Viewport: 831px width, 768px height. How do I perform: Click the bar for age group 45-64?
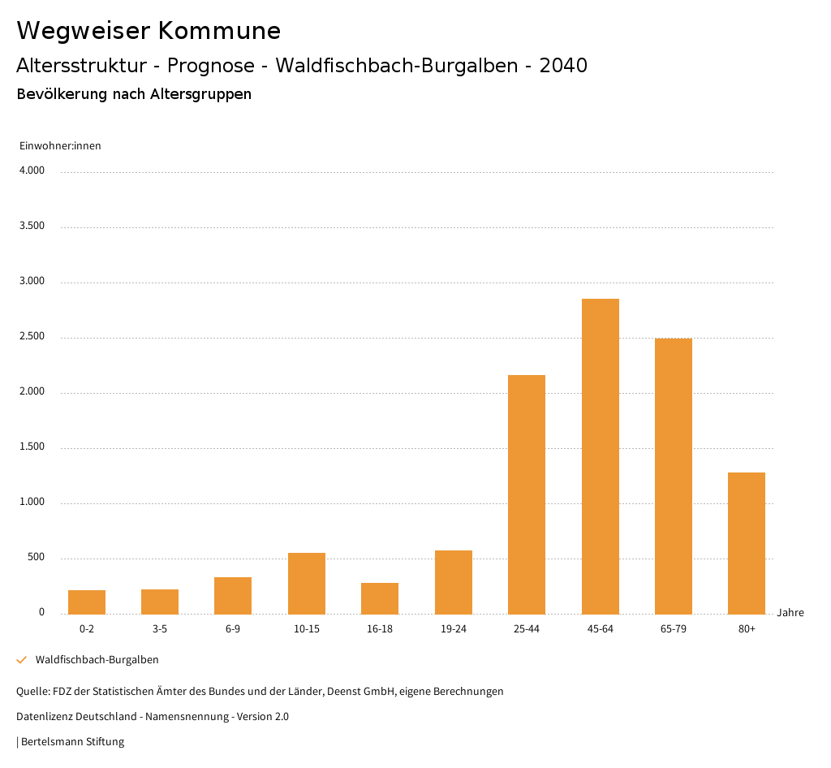tap(600, 456)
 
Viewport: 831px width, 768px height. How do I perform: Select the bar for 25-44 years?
tap(527, 494)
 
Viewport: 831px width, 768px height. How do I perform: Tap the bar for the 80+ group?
tap(747, 543)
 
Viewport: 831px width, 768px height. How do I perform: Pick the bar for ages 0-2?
tap(87, 602)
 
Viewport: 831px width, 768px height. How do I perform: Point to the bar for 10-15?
tap(307, 584)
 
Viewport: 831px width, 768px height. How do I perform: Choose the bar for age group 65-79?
tap(674, 477)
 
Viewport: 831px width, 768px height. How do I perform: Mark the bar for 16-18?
tap(380, 598)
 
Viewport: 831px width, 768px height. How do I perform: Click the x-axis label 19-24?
tap(453, 629)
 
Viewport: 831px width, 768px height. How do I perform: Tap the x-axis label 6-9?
tap(233, 629)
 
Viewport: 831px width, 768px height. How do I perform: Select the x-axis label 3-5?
tap(160, 629)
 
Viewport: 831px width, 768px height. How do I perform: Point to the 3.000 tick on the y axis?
tap(32, 282)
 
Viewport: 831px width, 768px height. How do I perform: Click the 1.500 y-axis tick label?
tap(32, 447)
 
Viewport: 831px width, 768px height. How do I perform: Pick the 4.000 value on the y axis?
tap(32, 171)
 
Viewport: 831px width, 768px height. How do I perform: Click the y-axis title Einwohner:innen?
tap(60, 146)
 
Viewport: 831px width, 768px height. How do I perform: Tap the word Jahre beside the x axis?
tap(790, 613)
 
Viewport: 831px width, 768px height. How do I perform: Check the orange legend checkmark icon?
tap(22, 660)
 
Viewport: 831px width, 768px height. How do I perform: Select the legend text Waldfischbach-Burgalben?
tap(97, 660)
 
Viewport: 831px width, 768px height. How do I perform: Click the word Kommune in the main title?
tap(219, 31)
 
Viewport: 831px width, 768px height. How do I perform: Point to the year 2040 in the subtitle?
tap(563, 66)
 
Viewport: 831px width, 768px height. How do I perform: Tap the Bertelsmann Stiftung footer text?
tap(72, 742)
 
